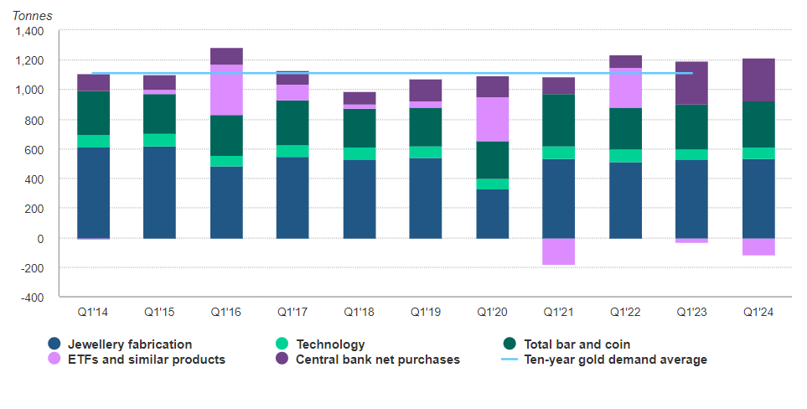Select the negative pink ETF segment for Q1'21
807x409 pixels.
(558, 251)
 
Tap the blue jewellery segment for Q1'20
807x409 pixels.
(492, 214)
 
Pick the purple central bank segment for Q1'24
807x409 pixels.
(758, 80)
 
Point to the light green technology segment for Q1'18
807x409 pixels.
(360, 153)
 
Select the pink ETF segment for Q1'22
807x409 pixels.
(625, 88)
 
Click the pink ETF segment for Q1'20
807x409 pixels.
(492, 119)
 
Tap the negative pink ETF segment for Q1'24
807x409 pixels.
(758, 246)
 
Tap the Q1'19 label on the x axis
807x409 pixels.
(426, 312)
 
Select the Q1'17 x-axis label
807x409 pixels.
(292, 312)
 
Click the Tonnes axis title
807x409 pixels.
(32, 16)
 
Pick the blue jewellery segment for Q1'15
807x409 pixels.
(159, 193)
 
